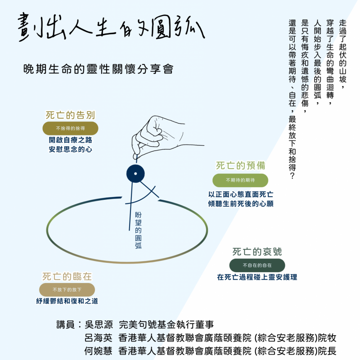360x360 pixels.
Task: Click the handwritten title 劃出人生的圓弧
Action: point(111,27)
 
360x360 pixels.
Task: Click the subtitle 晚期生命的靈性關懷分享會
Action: point(98,69)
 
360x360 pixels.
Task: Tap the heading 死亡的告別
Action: point(70,115)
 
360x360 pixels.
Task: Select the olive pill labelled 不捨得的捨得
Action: point(70,128)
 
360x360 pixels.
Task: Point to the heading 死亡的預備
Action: point(240,166)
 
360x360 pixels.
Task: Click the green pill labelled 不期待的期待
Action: point(240,180)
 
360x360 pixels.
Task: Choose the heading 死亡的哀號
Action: point(257,252)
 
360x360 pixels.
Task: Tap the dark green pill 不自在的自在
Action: point(257,265)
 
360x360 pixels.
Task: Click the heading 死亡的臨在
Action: point(67,276)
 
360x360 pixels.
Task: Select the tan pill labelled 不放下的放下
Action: point(67,290)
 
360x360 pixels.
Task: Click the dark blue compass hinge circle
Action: point(135,174)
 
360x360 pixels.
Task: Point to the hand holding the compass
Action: point(161,137)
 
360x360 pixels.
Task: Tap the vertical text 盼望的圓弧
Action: point(138,230)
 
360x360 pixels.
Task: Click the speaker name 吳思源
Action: point(99,324)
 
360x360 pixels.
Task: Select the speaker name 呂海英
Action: point(99,338)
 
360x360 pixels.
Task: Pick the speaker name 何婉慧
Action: point(98,351)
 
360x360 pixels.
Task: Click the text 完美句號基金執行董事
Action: point(166,324)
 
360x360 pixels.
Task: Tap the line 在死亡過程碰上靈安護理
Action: point(257,277)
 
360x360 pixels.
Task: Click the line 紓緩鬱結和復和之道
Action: point(67,301)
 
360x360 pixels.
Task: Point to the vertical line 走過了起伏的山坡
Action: point(342,54)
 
